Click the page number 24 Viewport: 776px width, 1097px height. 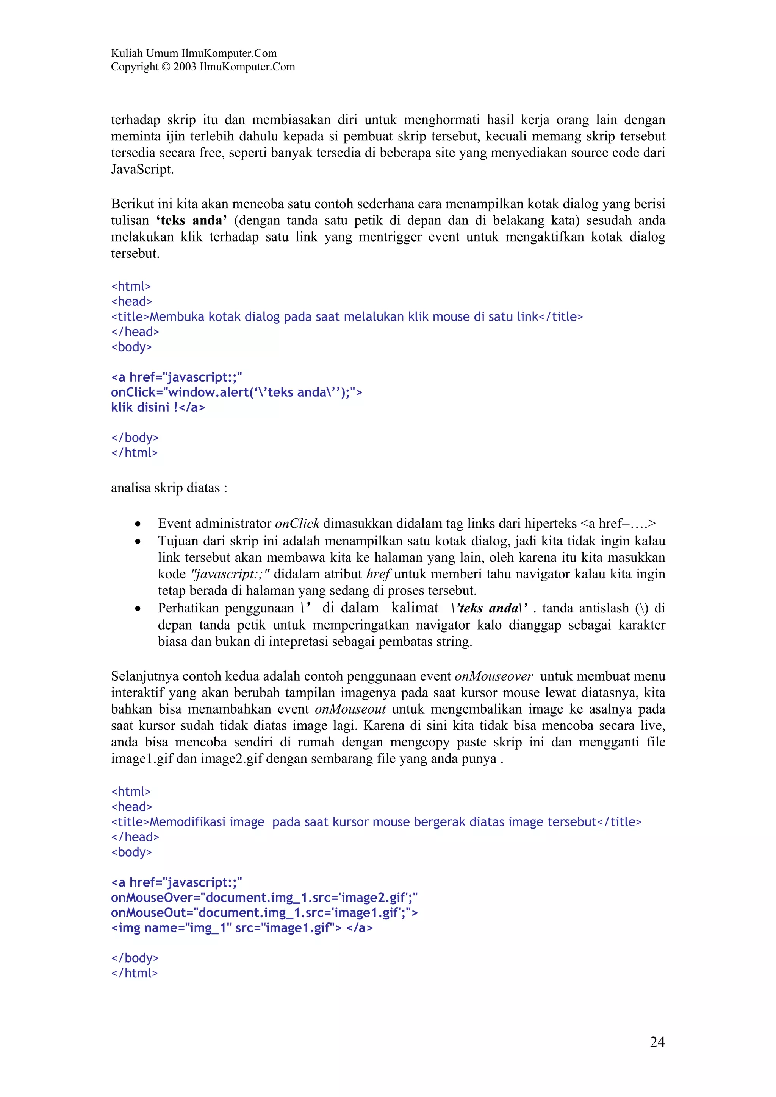tap(657, 1042)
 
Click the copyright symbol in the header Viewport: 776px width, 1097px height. tap(166, 67)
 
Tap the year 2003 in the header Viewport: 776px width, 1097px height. tap(185, 67)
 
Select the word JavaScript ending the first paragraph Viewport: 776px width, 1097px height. tap(142, 170)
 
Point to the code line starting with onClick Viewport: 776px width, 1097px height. tap(236, 392)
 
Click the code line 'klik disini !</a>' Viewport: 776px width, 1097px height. tap(158, 408)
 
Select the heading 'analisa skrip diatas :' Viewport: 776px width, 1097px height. tap(169, 488)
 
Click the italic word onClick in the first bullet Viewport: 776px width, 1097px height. tap(297, 524)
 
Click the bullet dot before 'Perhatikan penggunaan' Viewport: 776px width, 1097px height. tap(138, 609)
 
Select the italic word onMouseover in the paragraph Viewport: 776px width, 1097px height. tap(493, 676)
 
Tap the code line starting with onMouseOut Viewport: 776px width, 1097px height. tap(264, 913)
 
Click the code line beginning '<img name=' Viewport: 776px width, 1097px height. tap(241, 928)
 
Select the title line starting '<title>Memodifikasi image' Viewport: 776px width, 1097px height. tap(376, 822)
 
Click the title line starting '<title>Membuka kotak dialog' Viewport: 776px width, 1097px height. tap(347, 317)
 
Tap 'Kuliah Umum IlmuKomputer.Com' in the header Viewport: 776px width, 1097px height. tap(194, 53)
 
